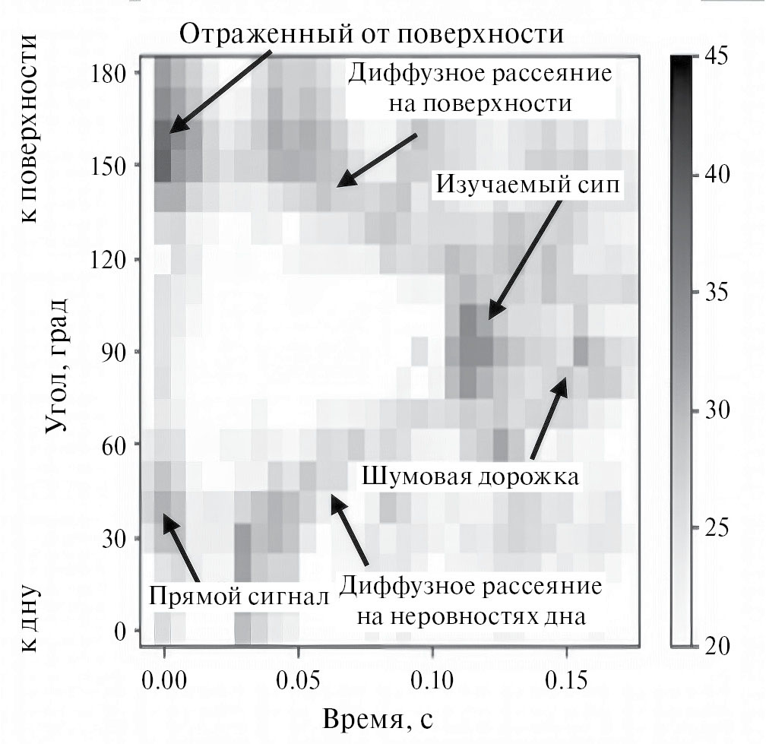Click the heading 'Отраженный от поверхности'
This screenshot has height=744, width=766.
[x=372, y=33]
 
